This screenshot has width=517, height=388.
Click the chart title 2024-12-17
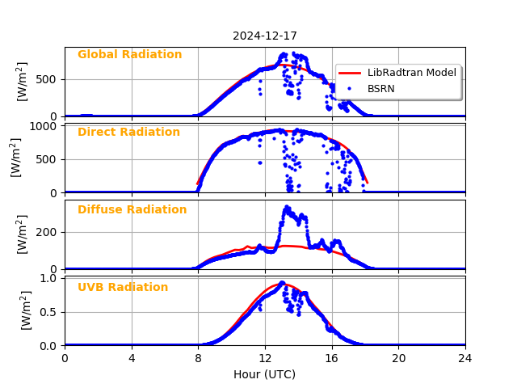[265, 36]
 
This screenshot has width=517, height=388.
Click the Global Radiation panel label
[129, 55]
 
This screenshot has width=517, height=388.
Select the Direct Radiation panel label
[128, 133]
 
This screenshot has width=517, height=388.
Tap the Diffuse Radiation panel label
[132, 210]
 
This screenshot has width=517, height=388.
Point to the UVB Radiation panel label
[123, 288]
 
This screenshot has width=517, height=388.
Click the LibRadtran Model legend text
[412, 73]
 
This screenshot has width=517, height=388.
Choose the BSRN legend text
[381, 89]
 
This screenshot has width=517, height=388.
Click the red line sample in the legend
[349, 73]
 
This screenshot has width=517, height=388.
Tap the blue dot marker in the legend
[349, 88]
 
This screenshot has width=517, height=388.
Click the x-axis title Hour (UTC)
[265, 375]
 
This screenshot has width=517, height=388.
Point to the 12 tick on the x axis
[265, 357]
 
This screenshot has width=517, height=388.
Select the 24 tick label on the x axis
[465, 357]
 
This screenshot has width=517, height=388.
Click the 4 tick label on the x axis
[132, 357]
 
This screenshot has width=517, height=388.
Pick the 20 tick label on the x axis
[398, 357]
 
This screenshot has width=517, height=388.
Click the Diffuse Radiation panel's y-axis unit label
[22, 234]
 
